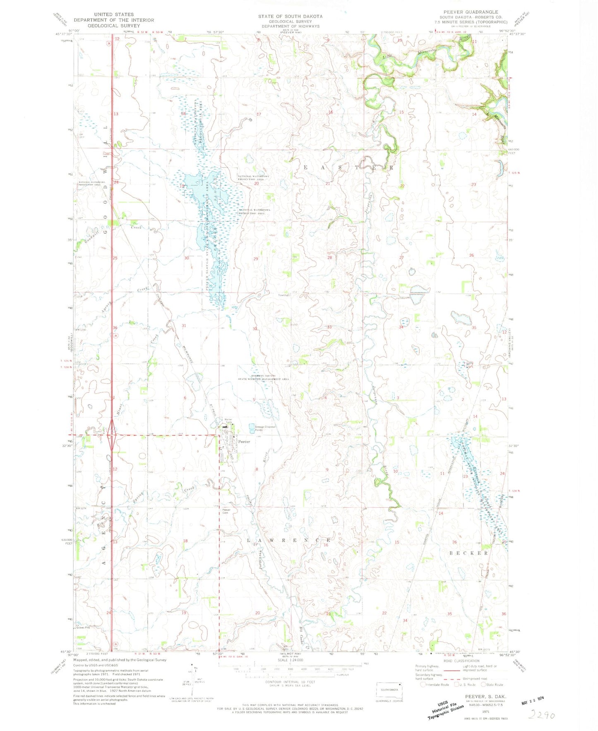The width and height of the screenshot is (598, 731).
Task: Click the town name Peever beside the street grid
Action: pyautogui.click(x=244, y=442)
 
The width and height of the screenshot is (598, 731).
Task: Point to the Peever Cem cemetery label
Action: pyautogui.click(x=226, y=511)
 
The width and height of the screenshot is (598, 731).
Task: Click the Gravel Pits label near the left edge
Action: pyautogui.click(x=83, y=628)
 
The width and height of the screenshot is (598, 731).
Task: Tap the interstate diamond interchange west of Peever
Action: pyautogui.click(x=111, y=435)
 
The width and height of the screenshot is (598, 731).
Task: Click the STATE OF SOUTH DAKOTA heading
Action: pyautogui.click(x=290, y=16)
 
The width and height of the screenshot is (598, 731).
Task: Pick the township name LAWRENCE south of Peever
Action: pyautogui.click(x=289, y=541)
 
